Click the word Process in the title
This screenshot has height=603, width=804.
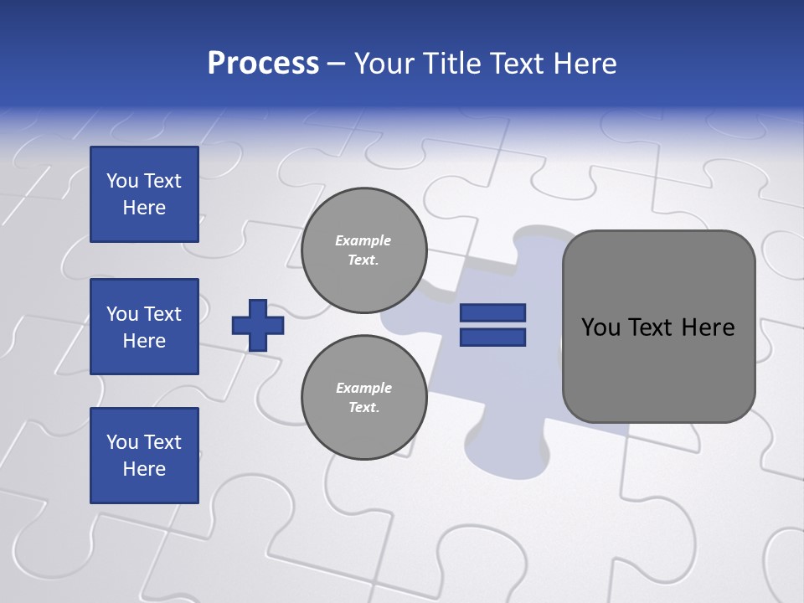[x=263, y=64]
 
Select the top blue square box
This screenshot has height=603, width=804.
[x=144, y=194]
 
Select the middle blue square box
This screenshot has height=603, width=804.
[x=144, y=327]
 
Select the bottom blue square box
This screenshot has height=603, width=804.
[x=144, y=456]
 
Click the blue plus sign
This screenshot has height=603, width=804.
[x=258, y=325]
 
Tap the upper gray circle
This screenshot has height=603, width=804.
[x=363, y=250]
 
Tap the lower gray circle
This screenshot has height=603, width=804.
[x=363, y=397]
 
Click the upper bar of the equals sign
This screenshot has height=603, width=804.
[x=493, y=313]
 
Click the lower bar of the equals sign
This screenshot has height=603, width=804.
[x=493, y=337]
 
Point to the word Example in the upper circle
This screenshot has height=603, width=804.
[x=363, y=240]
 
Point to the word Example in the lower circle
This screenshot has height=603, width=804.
[x=363, y=388]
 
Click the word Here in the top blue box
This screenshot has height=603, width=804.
[x=144, y=208]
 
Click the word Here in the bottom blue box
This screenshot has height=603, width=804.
[x=144, y=469]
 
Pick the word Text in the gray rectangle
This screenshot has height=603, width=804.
[x=650, y=327]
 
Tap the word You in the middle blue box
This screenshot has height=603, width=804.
[x=121, y=314]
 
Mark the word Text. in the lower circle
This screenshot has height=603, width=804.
[x=363, y=408]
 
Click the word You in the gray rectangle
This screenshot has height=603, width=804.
[x=600, y=327]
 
